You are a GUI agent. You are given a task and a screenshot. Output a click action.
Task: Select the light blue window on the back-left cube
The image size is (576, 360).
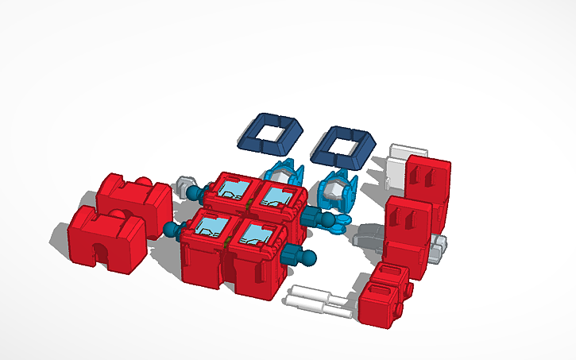[x=233, y=191]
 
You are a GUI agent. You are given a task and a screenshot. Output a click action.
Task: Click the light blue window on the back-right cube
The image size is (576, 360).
[x=278, y=195]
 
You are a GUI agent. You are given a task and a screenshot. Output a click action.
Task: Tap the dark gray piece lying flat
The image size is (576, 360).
[x=371, y=235]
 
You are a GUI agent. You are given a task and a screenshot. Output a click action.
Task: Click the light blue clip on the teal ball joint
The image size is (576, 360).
[x=339, y=222]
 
